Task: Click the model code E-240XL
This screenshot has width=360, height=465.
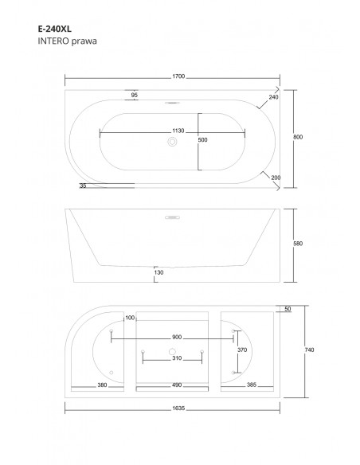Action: coord(55,29)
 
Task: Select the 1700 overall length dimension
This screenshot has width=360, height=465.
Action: coord(178,76)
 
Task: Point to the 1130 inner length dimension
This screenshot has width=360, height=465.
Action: coord(178,131)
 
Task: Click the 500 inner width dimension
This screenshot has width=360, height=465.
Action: coord(203,140)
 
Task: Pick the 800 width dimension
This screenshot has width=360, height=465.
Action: coord(298,137)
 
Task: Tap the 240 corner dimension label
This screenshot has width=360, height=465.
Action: coord(273,97)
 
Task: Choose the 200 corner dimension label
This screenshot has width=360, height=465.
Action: coord(276,178)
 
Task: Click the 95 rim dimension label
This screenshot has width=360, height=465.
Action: coord(135,95)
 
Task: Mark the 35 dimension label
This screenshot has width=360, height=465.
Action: coord(83,186)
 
